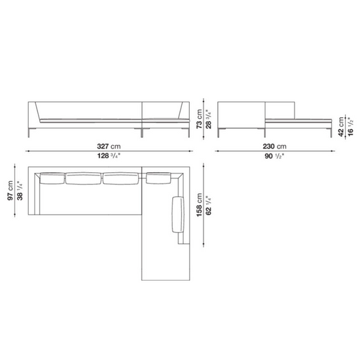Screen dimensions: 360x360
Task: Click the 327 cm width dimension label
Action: [109, 146]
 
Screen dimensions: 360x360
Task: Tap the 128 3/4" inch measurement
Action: [109, 156]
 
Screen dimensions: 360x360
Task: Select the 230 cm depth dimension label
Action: [275, 146]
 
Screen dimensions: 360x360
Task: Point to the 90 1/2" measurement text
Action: [275, 156]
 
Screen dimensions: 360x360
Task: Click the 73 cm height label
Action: [199, 118]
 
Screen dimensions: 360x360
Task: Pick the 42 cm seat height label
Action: [341, 126]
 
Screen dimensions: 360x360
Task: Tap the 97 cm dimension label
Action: [10, 190]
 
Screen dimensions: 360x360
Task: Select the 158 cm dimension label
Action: [199, 205]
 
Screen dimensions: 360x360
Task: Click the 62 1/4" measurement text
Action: [208, 206]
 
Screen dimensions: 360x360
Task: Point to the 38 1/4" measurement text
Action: [20, 190]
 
